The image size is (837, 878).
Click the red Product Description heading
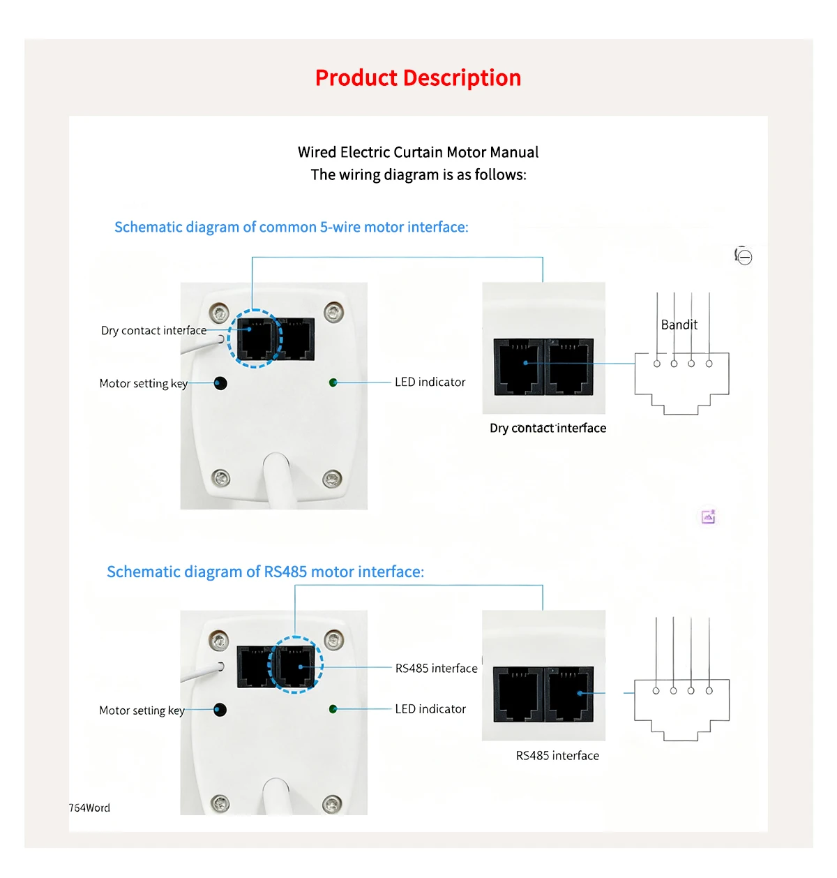pyautogui.click(x=418, y=78)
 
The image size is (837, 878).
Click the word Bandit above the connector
pyautogui.click(x=679, y=325)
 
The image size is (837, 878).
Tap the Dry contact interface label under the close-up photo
pyautogui.click(x=548, y=428)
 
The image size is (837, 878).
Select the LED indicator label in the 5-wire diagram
pyautogui.click(x=430, y=382)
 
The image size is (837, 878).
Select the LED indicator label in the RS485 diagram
pyautogui.click(x=430, y=708)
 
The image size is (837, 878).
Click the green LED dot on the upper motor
pyautogui.click(x=333, y=382)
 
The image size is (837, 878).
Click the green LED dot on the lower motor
pyautogui.click(x=333, y=709)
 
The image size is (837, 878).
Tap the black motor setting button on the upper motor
pyautogui.click(x=220, y=383)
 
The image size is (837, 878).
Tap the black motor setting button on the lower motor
pyautogui.click(x=220, y=710)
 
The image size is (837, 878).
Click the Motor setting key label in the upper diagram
pyautogui.click(x=143, y=383)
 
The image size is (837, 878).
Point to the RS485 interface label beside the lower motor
pyautogui.click(x=436, y=668)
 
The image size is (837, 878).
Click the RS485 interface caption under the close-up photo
pyautogui.click(x=557, y=755)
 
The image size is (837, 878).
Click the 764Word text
pyautogui.click(x=89, y=808)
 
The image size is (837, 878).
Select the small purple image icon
pyautogui.click(x=709, y=516)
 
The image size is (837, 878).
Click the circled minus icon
pyautogui.click(x=744, y=257)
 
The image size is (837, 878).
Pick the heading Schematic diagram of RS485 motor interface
pyautogui.click(x=265, y=572)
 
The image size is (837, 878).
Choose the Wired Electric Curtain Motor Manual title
pyautogui.click(x=418, y=152)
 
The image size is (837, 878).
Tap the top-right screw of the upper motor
pyautogui.click(x=334, y=310)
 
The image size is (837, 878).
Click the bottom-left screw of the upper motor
pyautogui.click(x=220, y=478)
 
